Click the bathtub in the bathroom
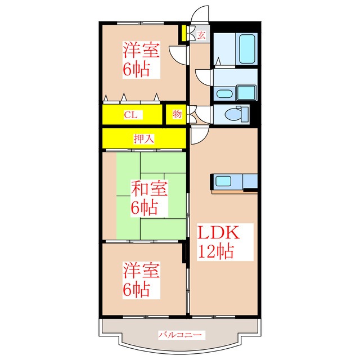point(247,49)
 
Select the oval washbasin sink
point(224,93)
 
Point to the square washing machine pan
point(246,92)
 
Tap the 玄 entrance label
point(201,35)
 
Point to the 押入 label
point(144,137)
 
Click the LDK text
point(218,233)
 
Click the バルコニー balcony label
point(179,335)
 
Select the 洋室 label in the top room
point(142,51)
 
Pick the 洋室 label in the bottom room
point(142,270)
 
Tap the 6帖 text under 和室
point(144,207)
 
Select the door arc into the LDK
point(198,136)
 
